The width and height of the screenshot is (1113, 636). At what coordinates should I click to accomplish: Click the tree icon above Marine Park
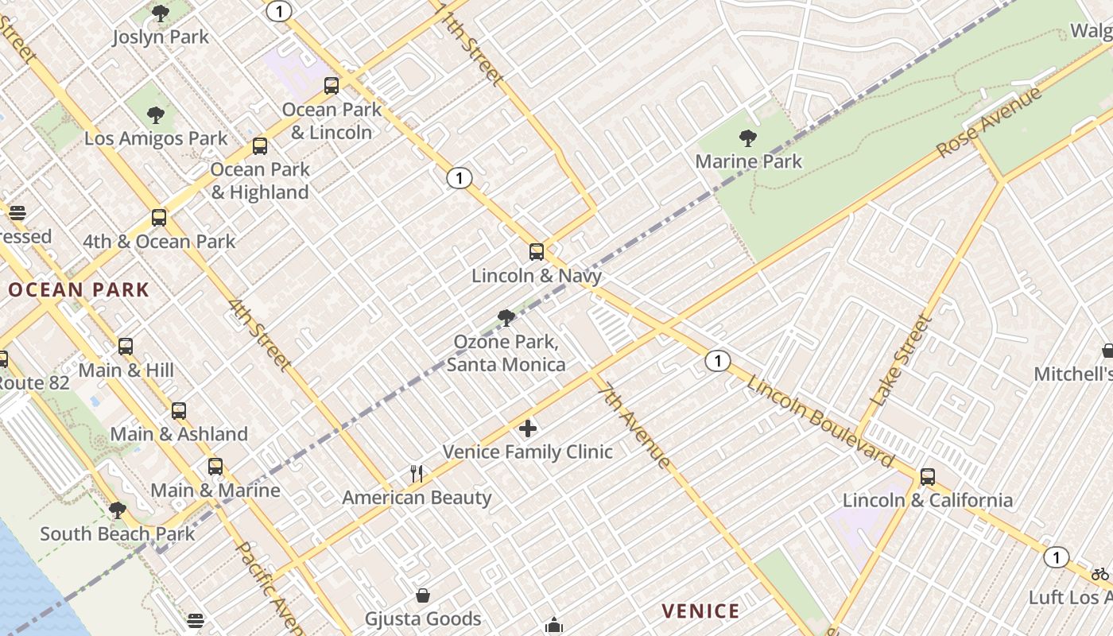pos(747,138)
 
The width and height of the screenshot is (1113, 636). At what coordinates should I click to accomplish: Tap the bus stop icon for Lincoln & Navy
pos(537,252)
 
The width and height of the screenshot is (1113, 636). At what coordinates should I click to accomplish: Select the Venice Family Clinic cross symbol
pos(527,429)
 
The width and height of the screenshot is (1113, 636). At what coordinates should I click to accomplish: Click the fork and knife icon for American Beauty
pos(417,474)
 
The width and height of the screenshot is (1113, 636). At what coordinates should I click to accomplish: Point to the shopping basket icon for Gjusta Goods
pos(423,595)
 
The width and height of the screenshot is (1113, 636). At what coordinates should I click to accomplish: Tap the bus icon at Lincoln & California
pos(927,477)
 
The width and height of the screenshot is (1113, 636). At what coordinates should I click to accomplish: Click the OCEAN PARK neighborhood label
pos(78,290)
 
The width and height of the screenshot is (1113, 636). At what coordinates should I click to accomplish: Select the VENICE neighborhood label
pos(700,611)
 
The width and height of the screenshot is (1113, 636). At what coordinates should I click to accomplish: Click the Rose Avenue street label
pos(988,122)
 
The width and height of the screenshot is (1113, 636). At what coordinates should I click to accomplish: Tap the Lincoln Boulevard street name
pos(820,421)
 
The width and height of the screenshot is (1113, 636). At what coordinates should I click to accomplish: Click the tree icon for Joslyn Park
pos(161,14)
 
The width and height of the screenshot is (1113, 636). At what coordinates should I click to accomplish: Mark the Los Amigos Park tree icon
pos(156,115)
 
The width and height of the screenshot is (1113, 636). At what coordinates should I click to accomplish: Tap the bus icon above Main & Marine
pos(215,467)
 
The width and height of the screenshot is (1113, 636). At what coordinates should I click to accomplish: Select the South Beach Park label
pos(117,533)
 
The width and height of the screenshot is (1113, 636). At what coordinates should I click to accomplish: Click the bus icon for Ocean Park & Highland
pos(259,146)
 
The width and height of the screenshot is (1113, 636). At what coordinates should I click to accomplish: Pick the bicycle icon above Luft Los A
pos(1099,574)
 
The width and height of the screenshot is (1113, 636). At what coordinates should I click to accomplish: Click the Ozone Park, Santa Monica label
pos(506,353)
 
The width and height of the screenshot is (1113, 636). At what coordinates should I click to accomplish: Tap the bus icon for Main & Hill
pos(126,347)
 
